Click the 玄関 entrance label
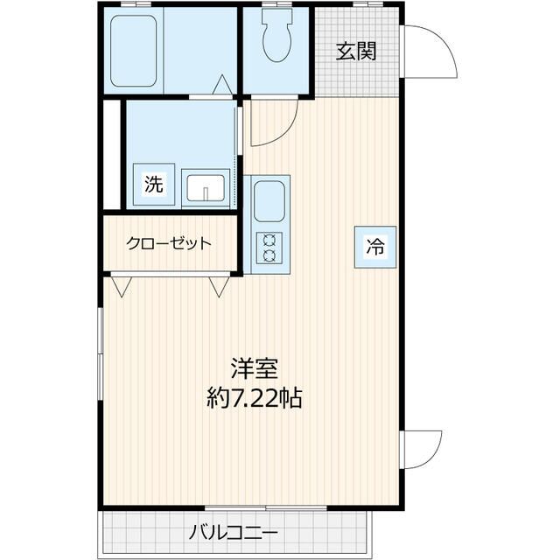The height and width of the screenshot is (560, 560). (356, 51)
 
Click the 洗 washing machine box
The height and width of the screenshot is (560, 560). (153, 185)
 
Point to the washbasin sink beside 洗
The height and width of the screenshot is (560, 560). (205, 187)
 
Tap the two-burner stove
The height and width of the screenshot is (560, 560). (269, 248)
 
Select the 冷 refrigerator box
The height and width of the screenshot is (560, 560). (374, 247)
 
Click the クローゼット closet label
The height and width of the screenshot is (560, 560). (168, 243)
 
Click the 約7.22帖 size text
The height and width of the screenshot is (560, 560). (255, 399)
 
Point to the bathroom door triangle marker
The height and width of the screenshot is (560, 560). (222, 85)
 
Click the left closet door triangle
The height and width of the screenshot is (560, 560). (121, 286)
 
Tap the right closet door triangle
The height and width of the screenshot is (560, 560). (220, 286)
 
